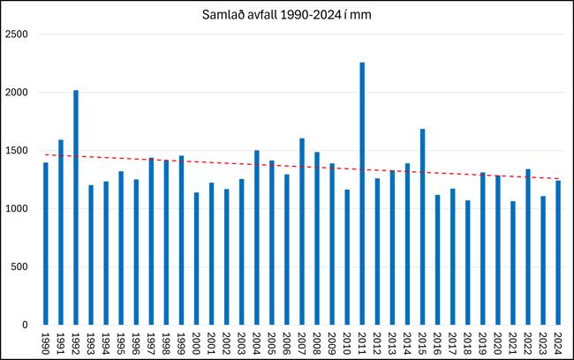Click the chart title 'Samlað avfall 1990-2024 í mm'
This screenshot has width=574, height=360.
click(x=286, y=17)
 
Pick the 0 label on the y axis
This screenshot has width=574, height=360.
click(x=26, y=325)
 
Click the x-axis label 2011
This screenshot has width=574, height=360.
click(x=362, y=342)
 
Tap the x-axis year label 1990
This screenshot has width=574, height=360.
click(x=46, y=342)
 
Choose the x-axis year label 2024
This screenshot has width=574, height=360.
click(x=557, y=342)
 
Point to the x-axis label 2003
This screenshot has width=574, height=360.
click(x=241, y=342)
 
